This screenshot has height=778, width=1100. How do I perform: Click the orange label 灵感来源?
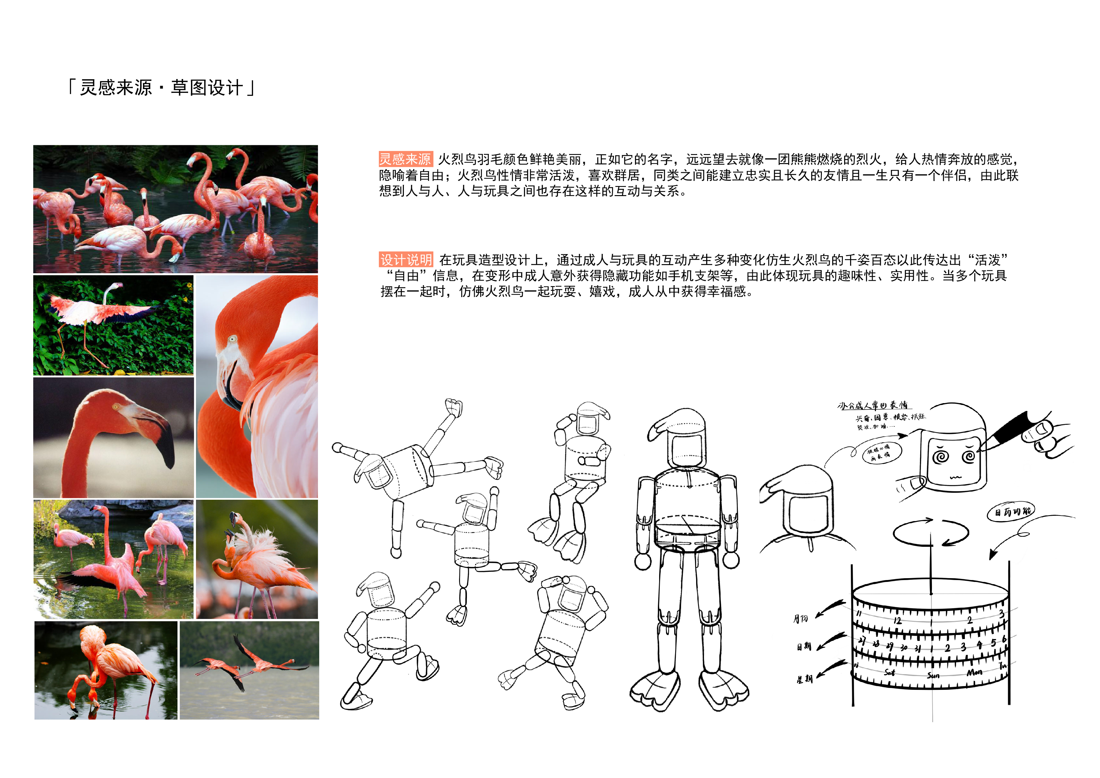point(405,159)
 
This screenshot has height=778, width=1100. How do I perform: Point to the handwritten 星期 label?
point(804,679)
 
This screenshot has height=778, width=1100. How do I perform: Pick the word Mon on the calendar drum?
point(974,673)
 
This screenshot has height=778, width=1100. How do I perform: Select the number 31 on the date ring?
point(918,648)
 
